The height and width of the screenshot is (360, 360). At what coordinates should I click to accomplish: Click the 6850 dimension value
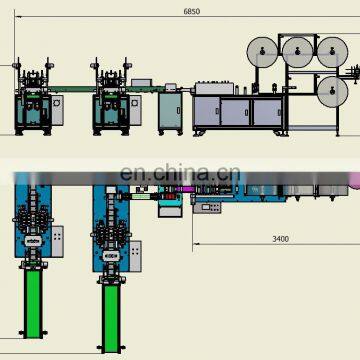(192, 11)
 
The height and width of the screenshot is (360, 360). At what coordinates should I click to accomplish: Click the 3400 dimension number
(280, 239)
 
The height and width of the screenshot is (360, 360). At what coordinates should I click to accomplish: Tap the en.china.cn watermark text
(180, 173)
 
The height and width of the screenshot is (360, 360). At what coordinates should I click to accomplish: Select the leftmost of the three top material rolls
(262, 52)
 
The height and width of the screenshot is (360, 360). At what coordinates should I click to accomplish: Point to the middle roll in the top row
(298, 52)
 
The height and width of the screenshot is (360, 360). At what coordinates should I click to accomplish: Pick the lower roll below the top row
(332, 92)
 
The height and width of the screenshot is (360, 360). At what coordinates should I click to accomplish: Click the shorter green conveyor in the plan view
(34, 303)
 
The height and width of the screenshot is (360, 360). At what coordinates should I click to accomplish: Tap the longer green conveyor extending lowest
(111, 318)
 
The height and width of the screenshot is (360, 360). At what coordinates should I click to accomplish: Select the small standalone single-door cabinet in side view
(170, 112)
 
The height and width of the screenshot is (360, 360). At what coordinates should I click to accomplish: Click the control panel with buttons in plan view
(207, 208)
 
